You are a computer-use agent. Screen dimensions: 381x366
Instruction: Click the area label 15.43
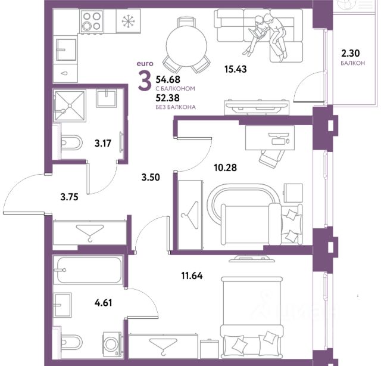pyautogui.click(x=236, y=69)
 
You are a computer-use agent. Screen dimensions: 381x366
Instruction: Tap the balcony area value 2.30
pyautogui.click(x=351, y=53)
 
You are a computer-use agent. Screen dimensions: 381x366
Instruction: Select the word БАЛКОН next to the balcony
pyautogui.click(x=353, y=63)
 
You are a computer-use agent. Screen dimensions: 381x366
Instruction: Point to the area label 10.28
pyautogui.click(x=225, y=168)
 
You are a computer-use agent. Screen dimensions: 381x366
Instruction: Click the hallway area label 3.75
pyautogui.click(x=69, y=197)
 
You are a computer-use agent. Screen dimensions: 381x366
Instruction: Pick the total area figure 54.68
pyautogui.click(x=168, y=79)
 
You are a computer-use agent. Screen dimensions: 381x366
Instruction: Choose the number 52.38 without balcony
pyautogui.click(x=168, y=98)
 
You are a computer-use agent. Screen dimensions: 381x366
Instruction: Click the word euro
pyautogui.click(x=145, y=64)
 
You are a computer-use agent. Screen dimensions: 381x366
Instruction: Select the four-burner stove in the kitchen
pyautogui.click(x=92, y=21)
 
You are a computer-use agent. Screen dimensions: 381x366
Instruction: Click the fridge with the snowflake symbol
pyautogui.click(x=129, y=21)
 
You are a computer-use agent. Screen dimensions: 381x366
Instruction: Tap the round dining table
pyautogui.click(x=186, y=46)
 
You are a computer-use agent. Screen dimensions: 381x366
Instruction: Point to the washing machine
pyautogui.click(x=113, y=344)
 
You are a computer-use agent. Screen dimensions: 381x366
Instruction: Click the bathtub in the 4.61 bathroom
pyautogui.click(x=89, y=269)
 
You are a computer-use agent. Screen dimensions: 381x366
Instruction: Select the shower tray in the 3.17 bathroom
pyautogui.click(x=70, y=106)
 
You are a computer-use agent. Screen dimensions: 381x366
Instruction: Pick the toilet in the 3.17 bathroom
pyautogui.click(x=71, y=142)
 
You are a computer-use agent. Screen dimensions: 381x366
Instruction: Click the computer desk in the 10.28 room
pyautogui.click(x=270, y=138)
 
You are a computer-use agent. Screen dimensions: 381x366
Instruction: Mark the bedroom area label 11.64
pyautogui.click(x=192, y=276)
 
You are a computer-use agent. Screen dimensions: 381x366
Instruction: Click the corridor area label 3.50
pyautogui.click(x=151, y=178)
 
